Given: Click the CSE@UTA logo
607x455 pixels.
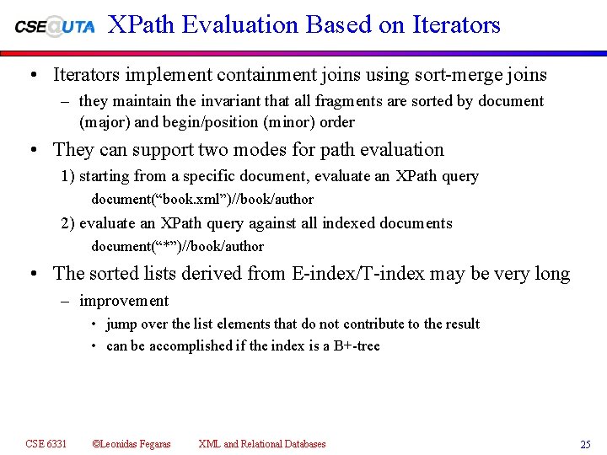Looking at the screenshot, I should pos(55,26).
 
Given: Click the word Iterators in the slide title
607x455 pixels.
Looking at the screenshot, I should pos(456,25).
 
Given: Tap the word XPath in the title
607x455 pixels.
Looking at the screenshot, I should pos(141,25).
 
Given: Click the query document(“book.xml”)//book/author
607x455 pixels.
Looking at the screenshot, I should pos(202,200).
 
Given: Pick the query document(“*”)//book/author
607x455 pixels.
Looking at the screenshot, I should pos(177,247).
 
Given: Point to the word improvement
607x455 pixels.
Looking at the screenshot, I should pos(124,301).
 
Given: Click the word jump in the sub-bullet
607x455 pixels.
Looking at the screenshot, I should pos(121,324).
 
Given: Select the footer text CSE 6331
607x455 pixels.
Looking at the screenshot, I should pos(46,444).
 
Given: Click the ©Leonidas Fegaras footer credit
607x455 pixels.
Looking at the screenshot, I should pos(131,444).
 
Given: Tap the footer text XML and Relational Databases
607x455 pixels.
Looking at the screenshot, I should pos(261,444).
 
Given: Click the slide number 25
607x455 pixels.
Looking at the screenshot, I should pos(585,445).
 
